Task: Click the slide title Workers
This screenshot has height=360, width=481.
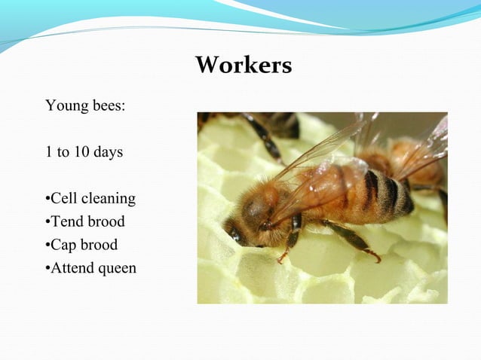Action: (243, 66)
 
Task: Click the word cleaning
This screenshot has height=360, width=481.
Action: (109, 200)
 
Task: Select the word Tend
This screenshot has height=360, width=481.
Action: (65, 222)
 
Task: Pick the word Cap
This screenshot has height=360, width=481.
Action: (63, 246)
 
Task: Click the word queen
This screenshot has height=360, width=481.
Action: (115, 268)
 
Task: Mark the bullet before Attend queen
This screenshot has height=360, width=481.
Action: (47, 269)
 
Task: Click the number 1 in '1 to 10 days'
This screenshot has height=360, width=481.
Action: (49, 152)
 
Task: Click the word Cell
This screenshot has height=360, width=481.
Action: (65, 200)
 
